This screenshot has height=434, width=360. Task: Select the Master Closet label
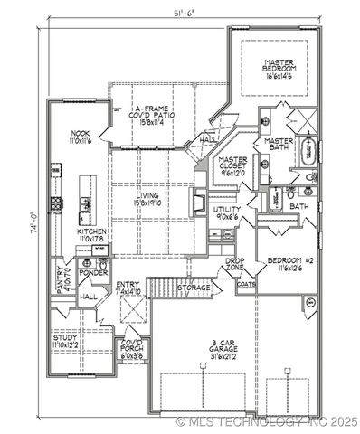233,165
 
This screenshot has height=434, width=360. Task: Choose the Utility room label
227,212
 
